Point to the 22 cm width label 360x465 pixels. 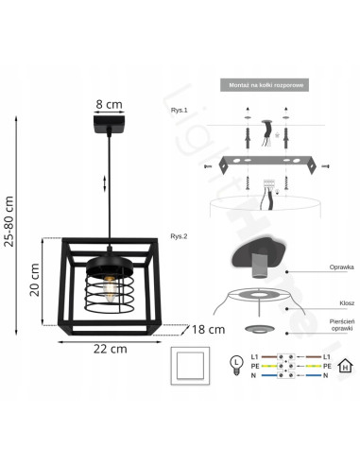pyautogui.click(x=111, y=348)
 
